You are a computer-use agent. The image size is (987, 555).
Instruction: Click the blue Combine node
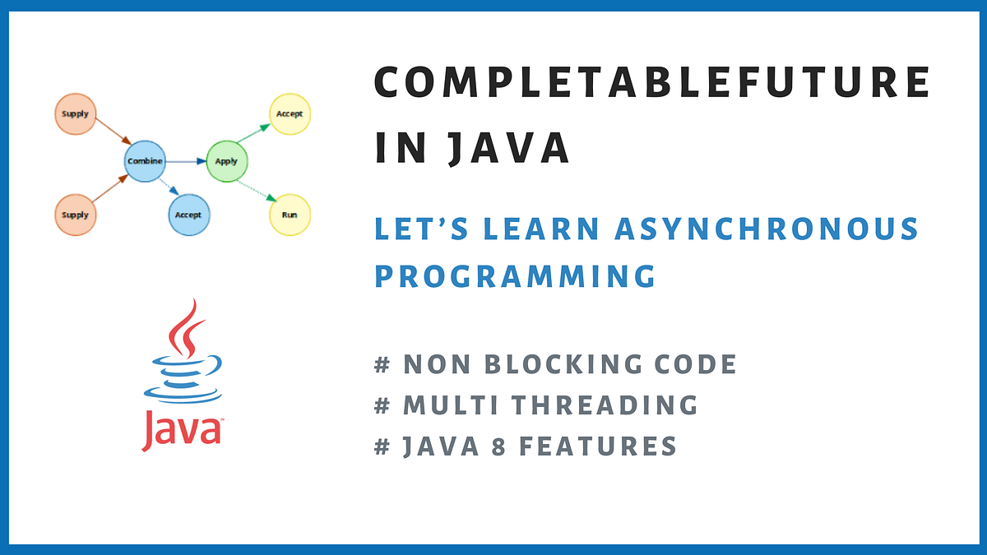tap(145, 161)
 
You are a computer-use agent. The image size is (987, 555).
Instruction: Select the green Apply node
tap(226, 161)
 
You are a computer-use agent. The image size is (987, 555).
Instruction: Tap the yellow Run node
tap(290, 215)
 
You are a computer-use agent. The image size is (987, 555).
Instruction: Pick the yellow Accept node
tap(290, 114)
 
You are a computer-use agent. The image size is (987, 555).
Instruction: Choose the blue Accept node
tap(188, 215)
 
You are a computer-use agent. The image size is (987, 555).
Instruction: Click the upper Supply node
tap(75, 114)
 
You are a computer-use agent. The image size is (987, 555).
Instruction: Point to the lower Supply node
tap(75, 215)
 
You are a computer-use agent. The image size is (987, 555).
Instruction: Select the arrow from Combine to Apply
tap(186, 161)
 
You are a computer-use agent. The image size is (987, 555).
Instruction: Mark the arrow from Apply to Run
tap(257, 188)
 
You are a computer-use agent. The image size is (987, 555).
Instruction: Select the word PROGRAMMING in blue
tap(515, 275)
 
